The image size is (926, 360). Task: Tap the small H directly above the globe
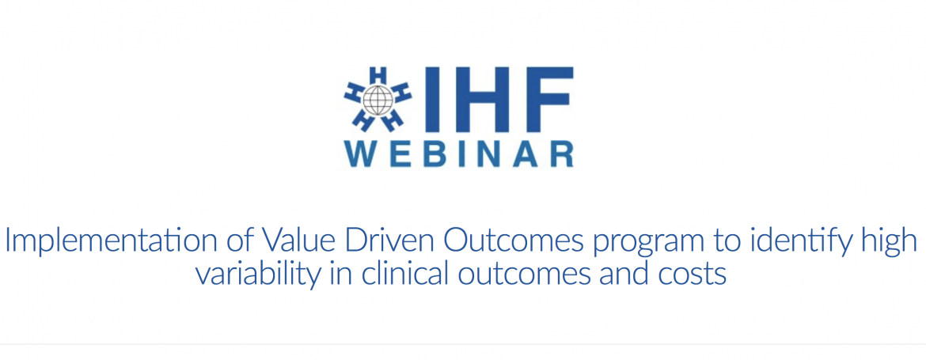pyautogui.click(x=378, y=75)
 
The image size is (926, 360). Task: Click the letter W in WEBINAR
pyautogui.click(x=362, y=154)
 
